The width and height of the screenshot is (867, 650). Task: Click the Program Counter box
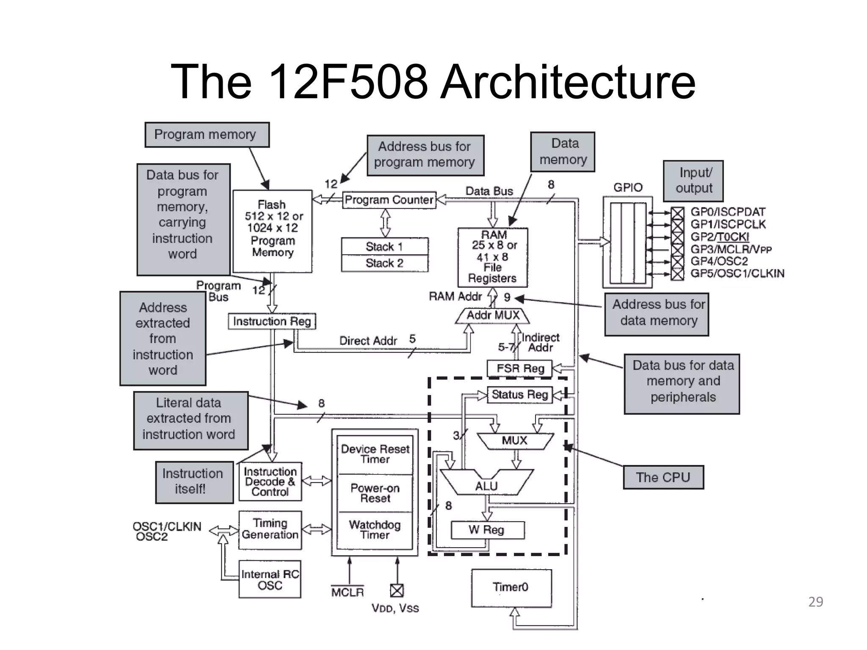tap(389, 200)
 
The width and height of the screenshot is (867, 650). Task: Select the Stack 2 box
tap(384, 263)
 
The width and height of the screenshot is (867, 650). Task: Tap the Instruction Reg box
tap(272, 321)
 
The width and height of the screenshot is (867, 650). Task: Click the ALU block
tap(486, 485)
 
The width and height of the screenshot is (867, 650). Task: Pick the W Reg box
tap(488, 530)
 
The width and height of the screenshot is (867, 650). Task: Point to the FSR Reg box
tap(520, 368)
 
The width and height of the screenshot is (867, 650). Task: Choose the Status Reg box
tap(520, 395)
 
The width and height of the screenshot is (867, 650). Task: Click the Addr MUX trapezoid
tap(493, 316)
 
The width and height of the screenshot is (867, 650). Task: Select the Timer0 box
tap(511, 587)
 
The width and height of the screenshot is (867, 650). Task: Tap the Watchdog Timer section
tap(375, 530)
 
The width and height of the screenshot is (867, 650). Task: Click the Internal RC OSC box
tap(270, 579)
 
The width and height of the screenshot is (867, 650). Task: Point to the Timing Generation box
tap(270, 529)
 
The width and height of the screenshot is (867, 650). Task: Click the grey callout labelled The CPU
tap(663, 477)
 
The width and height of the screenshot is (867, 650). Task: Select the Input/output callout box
tap(693, 181)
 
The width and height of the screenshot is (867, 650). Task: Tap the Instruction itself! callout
tap(194, 482)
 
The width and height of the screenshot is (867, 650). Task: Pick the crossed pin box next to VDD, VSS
tap(397, 590)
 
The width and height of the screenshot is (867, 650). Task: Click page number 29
tap(815, 602)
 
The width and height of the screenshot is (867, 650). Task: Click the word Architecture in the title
tap(568, 81)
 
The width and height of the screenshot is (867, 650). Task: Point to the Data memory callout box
tap(563, 152)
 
